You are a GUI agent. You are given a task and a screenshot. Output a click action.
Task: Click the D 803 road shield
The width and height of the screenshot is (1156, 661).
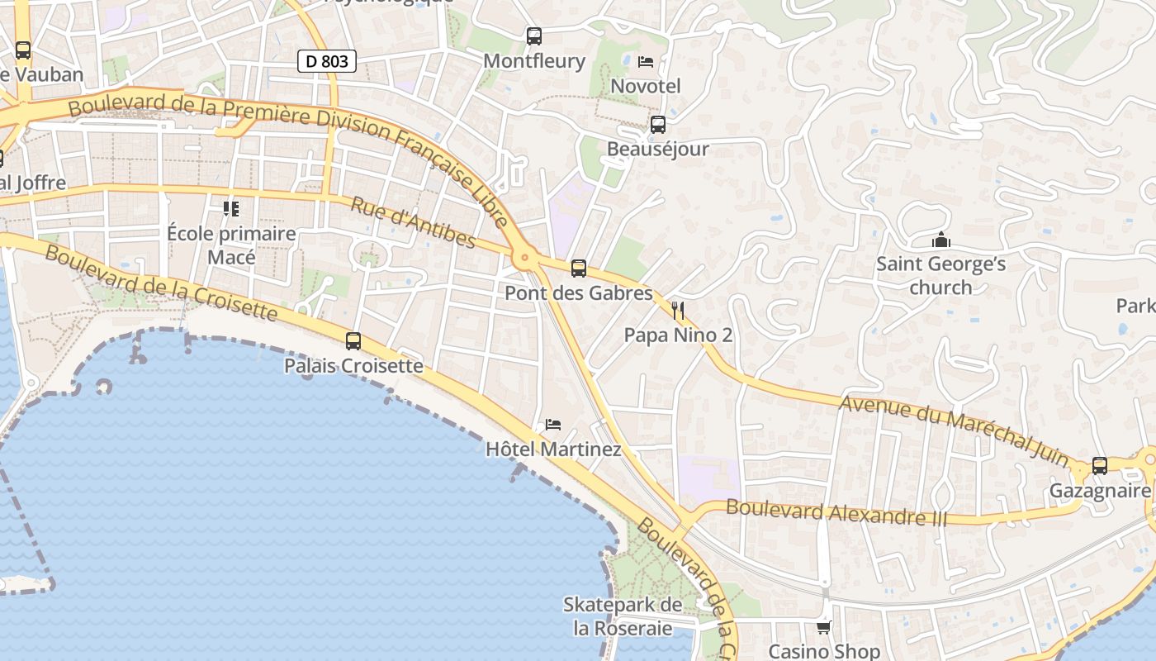(326, 60)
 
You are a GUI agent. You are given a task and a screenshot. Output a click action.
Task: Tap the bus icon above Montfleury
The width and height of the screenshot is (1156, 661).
(534, 36)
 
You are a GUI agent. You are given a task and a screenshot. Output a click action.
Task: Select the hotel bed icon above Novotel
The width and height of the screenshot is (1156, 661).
(646, 62)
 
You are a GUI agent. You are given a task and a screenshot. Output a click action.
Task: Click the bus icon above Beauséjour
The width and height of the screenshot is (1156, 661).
(657, 125)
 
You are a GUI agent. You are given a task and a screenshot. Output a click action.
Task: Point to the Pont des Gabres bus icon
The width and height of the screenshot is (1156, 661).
(578, 269)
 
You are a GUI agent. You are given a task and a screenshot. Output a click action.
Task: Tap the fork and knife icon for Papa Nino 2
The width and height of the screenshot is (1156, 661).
(678, 311)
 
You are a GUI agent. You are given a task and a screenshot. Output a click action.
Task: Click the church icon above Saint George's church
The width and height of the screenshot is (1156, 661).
(940, 240)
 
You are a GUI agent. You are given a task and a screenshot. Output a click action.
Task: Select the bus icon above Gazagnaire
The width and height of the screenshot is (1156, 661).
(1099, 466)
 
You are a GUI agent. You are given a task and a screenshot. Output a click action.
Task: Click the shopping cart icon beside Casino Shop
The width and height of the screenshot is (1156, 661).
(823, 628)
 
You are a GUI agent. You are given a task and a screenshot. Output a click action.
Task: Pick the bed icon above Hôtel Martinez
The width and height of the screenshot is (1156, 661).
(553, 425)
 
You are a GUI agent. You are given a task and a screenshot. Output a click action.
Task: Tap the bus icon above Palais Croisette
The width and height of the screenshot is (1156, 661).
(353, 340)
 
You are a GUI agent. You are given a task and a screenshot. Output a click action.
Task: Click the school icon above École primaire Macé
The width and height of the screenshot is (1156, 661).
(231, 209)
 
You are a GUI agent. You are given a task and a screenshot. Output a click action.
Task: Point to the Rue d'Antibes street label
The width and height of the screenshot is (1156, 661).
(413, 222)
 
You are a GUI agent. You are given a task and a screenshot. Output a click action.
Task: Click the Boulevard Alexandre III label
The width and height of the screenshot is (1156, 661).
(836, 513)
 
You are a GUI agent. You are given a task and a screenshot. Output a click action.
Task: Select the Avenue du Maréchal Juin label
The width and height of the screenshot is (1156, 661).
(954, 430)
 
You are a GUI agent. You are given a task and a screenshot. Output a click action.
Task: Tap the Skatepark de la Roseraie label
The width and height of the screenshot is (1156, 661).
(623, 616)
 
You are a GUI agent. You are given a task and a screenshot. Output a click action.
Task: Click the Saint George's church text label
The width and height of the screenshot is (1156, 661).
(940, 276)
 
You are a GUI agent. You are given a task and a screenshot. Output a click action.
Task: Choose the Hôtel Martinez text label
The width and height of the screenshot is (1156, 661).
(553, 449)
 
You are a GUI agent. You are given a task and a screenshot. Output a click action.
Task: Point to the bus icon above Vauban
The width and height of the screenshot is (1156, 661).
(23, 50)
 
